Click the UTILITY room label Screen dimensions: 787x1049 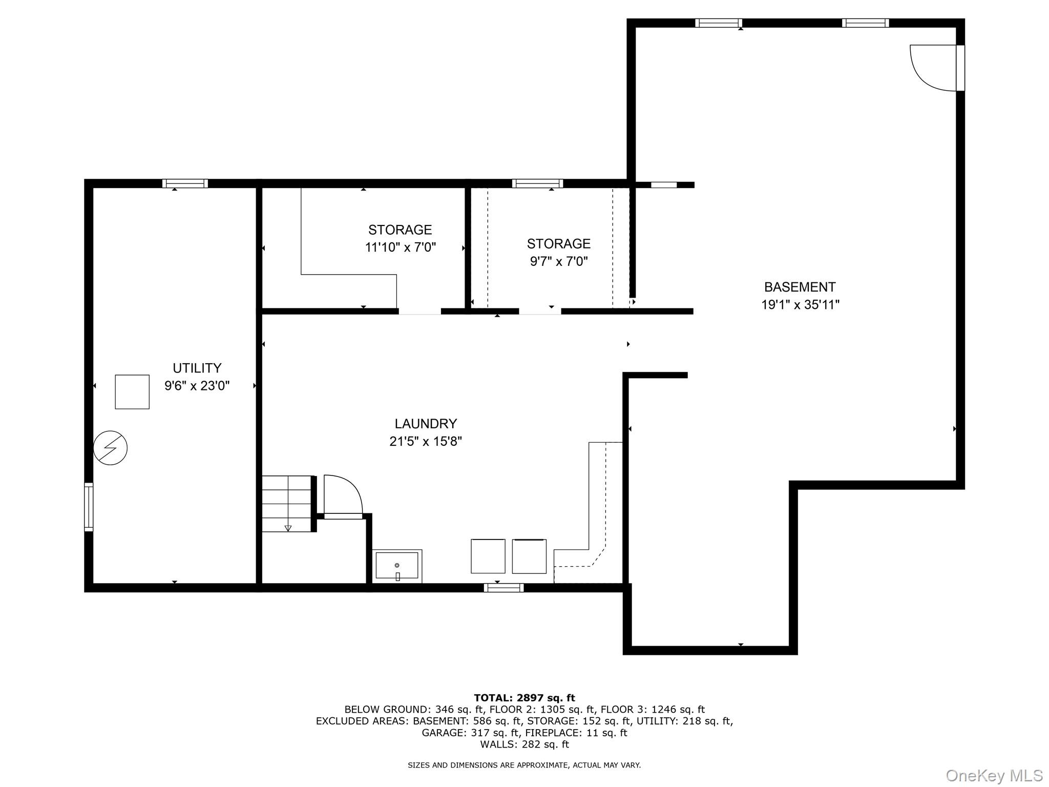point(197,368)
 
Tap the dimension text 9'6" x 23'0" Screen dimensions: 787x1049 point(197,386)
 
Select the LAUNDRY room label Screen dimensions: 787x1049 point(425,424)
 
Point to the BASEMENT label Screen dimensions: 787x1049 point(800,287)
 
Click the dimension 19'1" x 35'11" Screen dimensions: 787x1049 point(800,305)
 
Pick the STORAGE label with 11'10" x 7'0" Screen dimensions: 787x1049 point(400,230)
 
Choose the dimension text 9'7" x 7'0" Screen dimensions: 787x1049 point(558,262)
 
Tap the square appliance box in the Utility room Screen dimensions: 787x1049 point(132,392)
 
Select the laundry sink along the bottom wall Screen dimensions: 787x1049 point(397,566)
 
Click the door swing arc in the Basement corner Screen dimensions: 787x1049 point(930,69)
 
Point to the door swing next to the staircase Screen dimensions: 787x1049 point(342,494)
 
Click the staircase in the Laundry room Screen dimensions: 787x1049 point(287,504)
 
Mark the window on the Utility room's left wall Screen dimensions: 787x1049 point(89,507)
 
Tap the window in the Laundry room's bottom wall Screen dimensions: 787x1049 point(503,588)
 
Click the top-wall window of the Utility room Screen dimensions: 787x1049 point(185,183)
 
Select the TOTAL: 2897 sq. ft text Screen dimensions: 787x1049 point(524,698)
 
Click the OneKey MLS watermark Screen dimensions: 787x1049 point(994,776)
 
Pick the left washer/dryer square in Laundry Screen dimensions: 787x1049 point(488,556)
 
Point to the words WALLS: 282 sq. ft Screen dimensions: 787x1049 point(524,744)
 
